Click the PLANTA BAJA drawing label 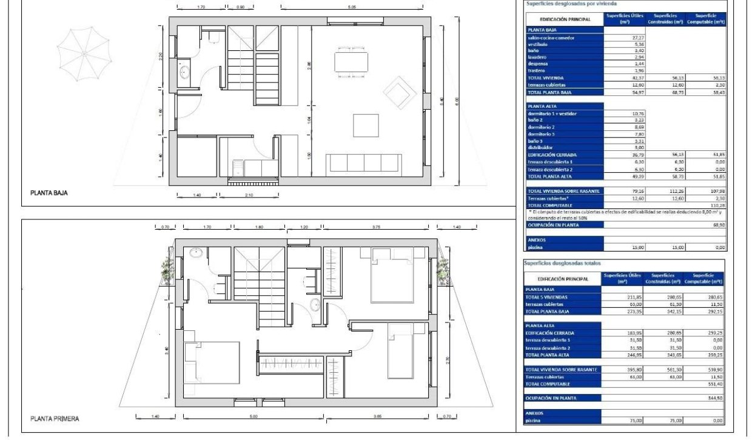(49, 193)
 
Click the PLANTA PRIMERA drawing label (55, 418)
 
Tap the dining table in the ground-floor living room (351, 62)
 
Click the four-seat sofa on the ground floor (363, 164)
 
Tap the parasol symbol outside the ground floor (84, 53)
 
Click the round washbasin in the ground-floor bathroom (185, 74)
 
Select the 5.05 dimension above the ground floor (352, 7)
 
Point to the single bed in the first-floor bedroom (400, 350)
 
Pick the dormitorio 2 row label (542, 127)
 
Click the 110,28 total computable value (716, 205)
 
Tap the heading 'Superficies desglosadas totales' (563, 264)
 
